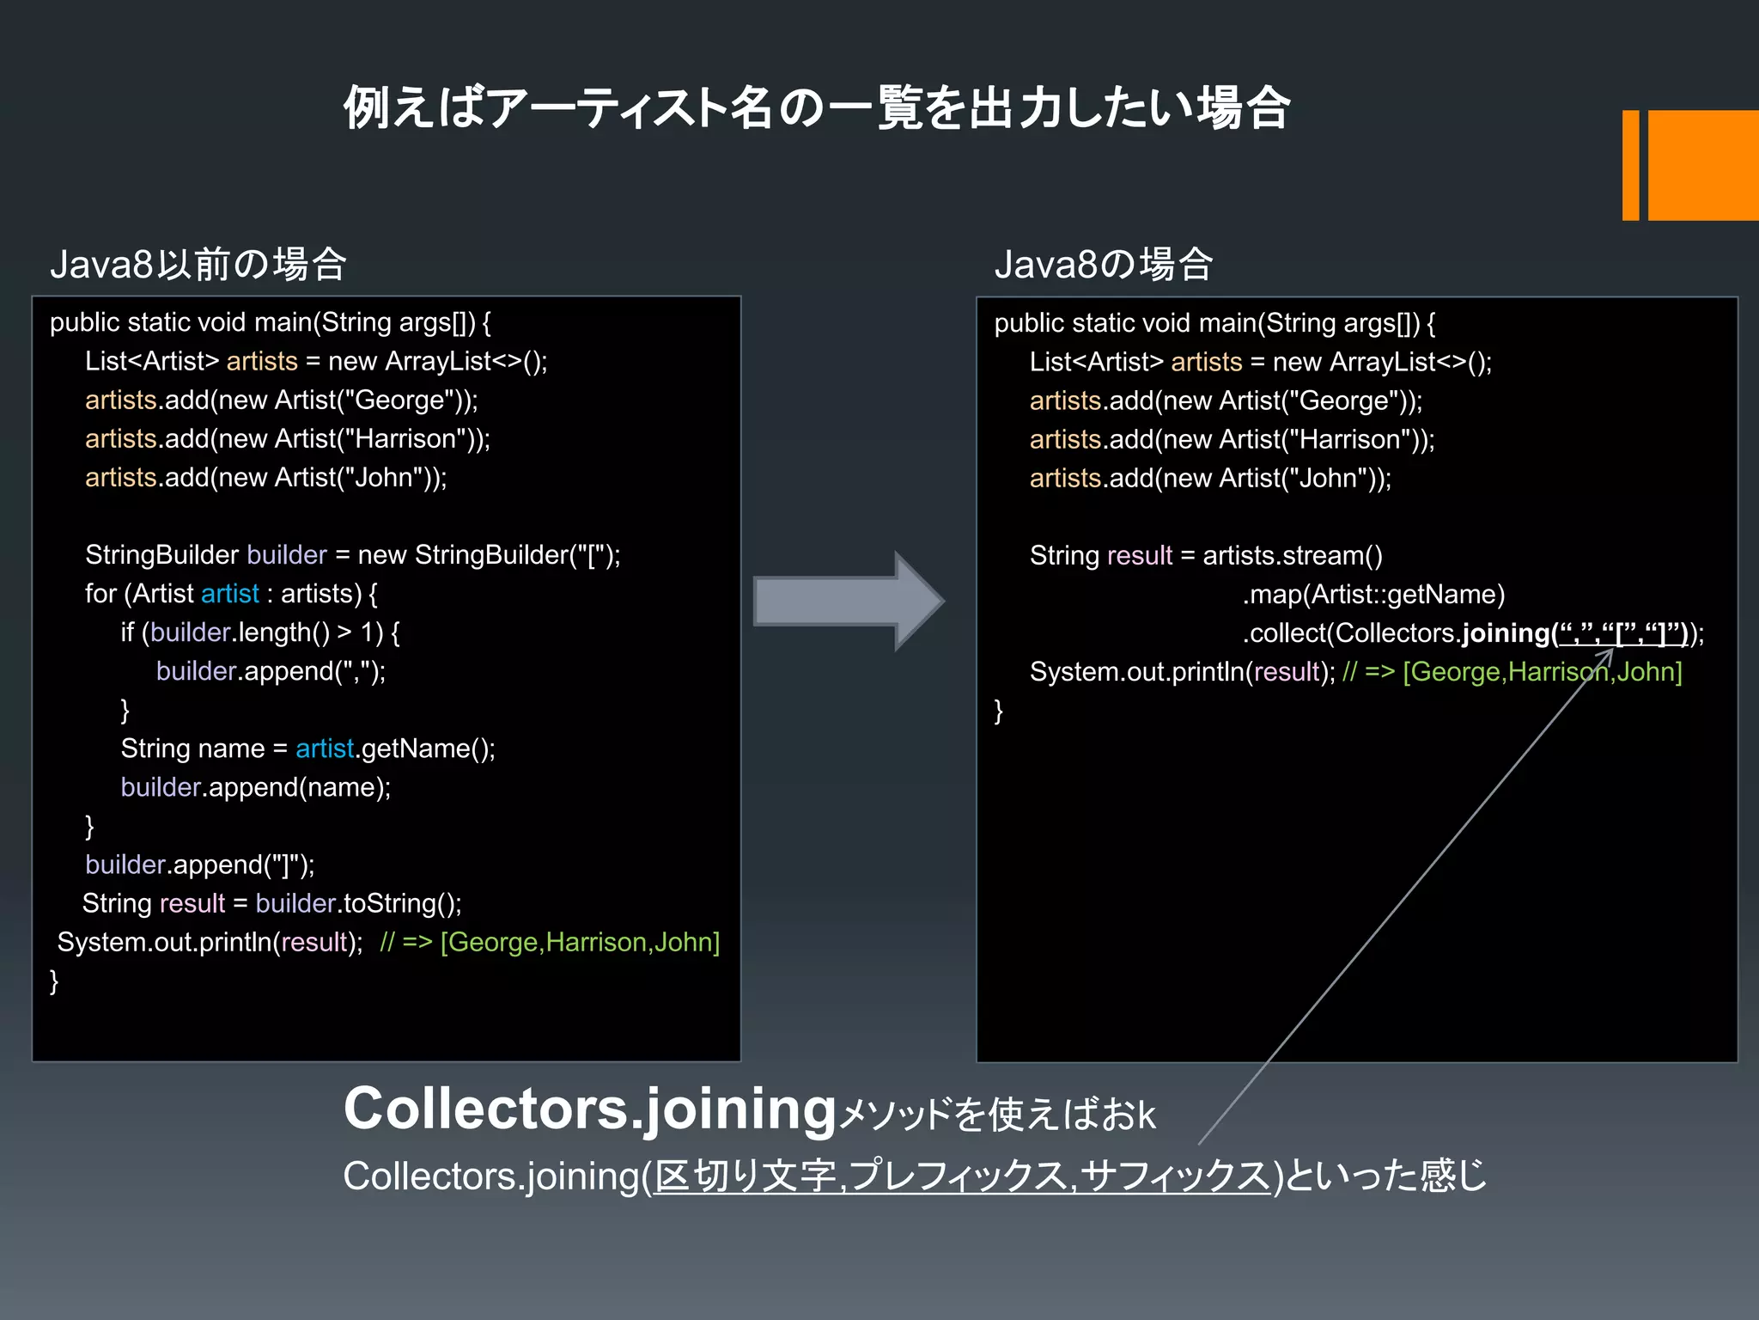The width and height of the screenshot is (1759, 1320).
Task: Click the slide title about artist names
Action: (x=816, y=109)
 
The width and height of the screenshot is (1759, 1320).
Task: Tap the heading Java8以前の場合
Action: (x=198, y=264)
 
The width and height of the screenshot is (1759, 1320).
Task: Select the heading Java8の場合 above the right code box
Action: (x=1103, y=264)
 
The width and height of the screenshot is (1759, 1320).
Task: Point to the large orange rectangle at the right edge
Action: (x=1702, y=165)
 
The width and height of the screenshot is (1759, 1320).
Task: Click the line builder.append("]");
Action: (x=199, y=865)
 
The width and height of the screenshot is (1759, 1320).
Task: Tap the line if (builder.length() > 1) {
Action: (x=259, y=632)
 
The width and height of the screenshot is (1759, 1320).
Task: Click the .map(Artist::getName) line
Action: (x=1373, y=595)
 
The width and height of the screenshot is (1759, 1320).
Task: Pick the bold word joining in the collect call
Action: (x=1505, y=633)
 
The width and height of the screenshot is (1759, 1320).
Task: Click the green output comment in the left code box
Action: (x=550, y=943)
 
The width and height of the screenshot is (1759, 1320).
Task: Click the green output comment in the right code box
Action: (x=1512, y=672)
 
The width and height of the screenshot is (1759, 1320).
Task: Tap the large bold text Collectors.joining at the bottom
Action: (x=590, y=1109)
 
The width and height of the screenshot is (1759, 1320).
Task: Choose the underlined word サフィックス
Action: (x=1174, y=1176)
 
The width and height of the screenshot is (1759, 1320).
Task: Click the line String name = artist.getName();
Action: (x=307, y=749)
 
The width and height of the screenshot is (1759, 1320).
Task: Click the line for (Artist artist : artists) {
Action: (x=231, y=594)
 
